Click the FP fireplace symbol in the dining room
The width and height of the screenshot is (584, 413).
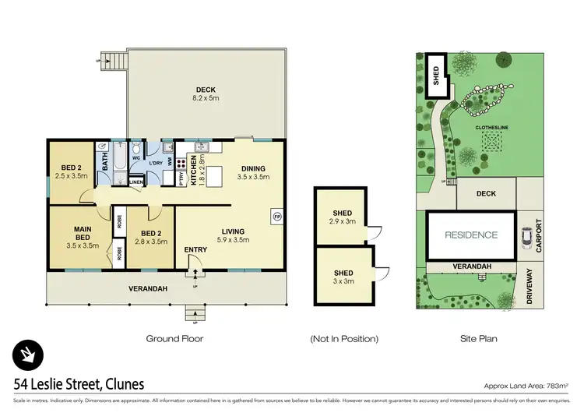(x=276, y=215)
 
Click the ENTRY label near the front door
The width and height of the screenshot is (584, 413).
(x=195, y=250)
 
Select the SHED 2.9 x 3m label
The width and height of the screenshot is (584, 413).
(x=342, y=217)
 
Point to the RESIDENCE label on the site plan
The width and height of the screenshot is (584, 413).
(x=471, y=235)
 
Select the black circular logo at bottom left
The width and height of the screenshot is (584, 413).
(x=27, y=355)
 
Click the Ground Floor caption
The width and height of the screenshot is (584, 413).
(x=175, y=339)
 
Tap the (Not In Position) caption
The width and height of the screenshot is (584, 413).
(x=344, y=339)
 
